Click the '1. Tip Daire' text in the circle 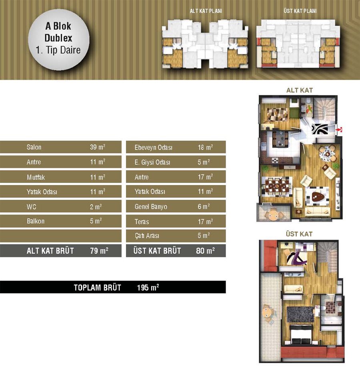coord(58,50)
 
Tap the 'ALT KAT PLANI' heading coord(206,11)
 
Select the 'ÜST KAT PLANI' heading coord(300,11)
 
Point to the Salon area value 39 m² coord(98,147)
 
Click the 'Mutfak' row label coord(36,177)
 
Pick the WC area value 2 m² coord(96,207)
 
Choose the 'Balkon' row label coord(36,221)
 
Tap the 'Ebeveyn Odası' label coord(154,147)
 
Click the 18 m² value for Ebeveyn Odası coord(206,147)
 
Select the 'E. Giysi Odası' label coord(152,162)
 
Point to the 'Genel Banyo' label coord(151,207)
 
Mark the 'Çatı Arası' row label coord(147,236)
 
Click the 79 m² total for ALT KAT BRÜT coord(99,251)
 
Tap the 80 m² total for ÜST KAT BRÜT coord(206,251)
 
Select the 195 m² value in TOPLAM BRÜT coord(148,288)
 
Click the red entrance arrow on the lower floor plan coord(339,129)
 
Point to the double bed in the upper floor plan coord(301,334)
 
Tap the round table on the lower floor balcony coord(273,215)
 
